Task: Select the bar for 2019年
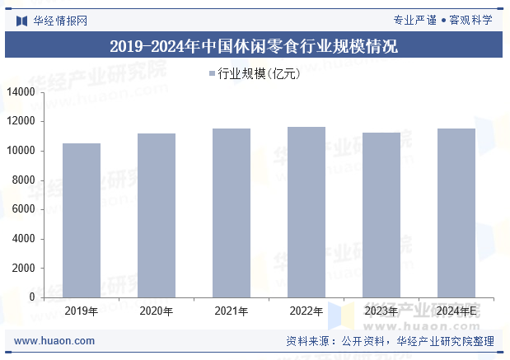click(82, 220)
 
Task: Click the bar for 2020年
click(157, 215)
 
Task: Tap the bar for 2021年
click(232, 213)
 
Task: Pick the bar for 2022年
click(306, 212)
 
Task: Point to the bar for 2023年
click(381, 215)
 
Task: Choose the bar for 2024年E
click(456, 213)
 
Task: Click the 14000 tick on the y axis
click(21, 92)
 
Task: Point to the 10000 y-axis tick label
click(21, 151)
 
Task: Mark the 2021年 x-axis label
click(232, 311)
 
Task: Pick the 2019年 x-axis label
click(82, 311)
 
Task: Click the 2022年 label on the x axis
click(306, 311)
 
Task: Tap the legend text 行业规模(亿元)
click(259, 74)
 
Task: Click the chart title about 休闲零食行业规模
click(254, 46)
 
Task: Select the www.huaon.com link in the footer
click(54, 341)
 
